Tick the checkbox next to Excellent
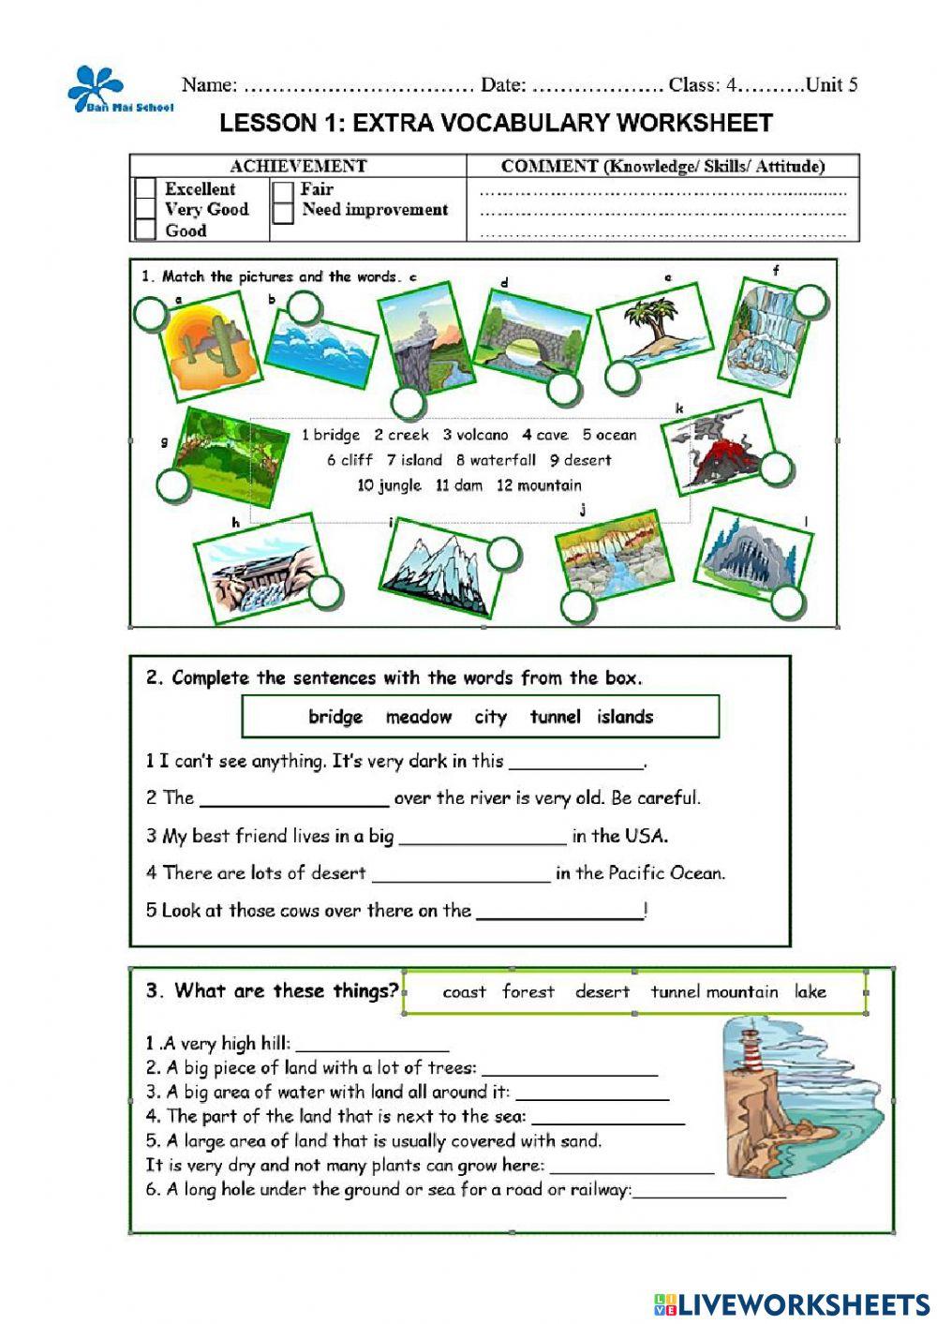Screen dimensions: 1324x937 [145, 189]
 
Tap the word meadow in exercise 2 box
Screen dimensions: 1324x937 [418, 717]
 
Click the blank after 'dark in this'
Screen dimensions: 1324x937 [575, 762]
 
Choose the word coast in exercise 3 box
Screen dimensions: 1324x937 [464, 991]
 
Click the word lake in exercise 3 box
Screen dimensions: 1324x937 [810, 991]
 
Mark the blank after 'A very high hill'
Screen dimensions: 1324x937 [372, 1044]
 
